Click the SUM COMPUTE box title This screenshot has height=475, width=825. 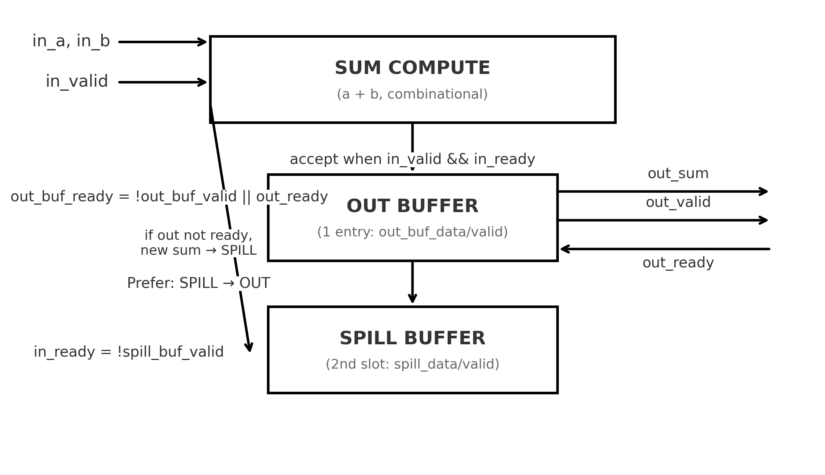(x=412, y=68)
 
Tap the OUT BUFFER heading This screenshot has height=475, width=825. (x=412, y=206)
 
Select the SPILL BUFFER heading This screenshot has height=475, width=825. (x=412, y=338)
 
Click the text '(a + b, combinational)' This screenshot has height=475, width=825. (x=412, y=94)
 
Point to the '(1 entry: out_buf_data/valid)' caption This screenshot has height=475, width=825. (x=412, y=232)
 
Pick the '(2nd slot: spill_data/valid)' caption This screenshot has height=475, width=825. (x=412, y=364)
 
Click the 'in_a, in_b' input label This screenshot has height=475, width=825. (x=71, y=41)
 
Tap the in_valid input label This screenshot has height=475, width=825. (x=77, y=81)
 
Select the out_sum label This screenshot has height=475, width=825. (x=678, y=174)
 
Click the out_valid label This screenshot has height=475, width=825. (x=678, y=202)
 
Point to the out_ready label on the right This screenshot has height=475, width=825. (x=678, y=263)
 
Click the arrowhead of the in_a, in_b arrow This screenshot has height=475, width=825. (x=205, y=42)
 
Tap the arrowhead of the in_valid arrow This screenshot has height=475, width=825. (x=205, y=82)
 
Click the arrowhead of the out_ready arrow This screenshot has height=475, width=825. (x=562, y=249)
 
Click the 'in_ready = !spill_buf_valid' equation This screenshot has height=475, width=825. (x=129, y=352)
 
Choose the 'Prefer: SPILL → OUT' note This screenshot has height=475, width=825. (x=198, y=283)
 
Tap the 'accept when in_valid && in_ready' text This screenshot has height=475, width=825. (x=412, y=159)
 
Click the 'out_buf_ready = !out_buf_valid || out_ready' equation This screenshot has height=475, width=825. (x=169, y=197)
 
